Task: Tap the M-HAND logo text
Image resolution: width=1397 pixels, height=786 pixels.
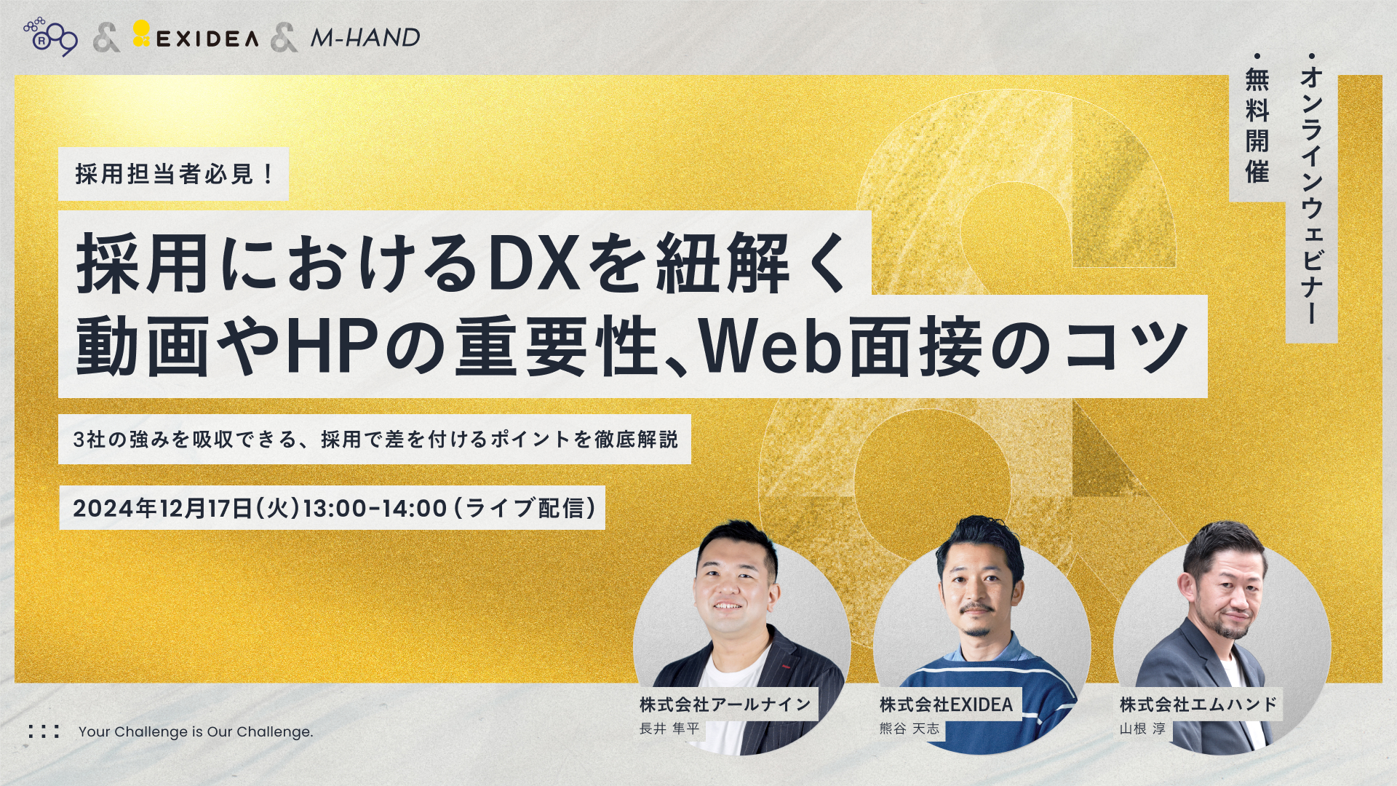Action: tap(365, 38)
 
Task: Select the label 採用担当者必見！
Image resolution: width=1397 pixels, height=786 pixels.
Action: tap(174, 174)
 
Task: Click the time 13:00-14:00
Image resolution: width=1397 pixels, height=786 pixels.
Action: tap(375, 507)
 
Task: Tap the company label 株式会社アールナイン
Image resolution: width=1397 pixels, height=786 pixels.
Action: tap(725, 704)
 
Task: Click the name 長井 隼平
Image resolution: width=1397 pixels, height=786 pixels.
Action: tap(669, 729)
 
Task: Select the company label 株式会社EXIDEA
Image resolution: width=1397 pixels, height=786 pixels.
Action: tap(946, 704)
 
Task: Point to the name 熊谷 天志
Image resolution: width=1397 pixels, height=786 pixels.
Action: tap(910, 729)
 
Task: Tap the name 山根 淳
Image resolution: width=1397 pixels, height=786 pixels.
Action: tap(1142, 729)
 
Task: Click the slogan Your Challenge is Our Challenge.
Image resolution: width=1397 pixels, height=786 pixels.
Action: tap(196, 731)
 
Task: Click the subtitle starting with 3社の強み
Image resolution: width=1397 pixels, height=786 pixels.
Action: tap(375, 439)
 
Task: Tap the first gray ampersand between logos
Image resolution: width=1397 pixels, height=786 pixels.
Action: tap(107, 38)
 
